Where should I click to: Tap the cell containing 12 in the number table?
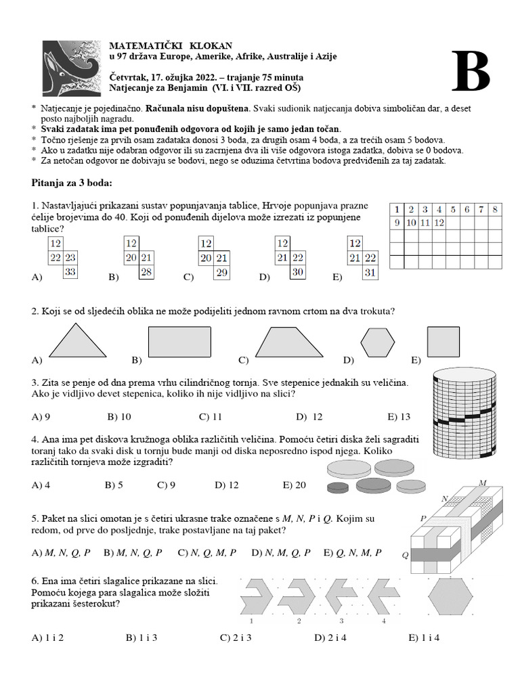tap(439, 223)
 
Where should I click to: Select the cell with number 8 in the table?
tap(495, 209)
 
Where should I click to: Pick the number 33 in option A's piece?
tap(70, 272)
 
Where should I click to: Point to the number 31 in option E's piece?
tap(370, 272)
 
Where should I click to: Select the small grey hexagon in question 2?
tap(378, 343)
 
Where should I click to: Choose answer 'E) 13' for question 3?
tap(399, 416)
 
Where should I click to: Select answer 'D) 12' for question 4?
tap(226, 485)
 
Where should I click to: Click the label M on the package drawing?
tap(483, 483)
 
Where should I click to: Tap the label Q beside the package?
tap(405, 555)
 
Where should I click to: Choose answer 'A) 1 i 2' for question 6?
tap(47, 637)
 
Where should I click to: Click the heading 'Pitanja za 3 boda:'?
tap(72, 183)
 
